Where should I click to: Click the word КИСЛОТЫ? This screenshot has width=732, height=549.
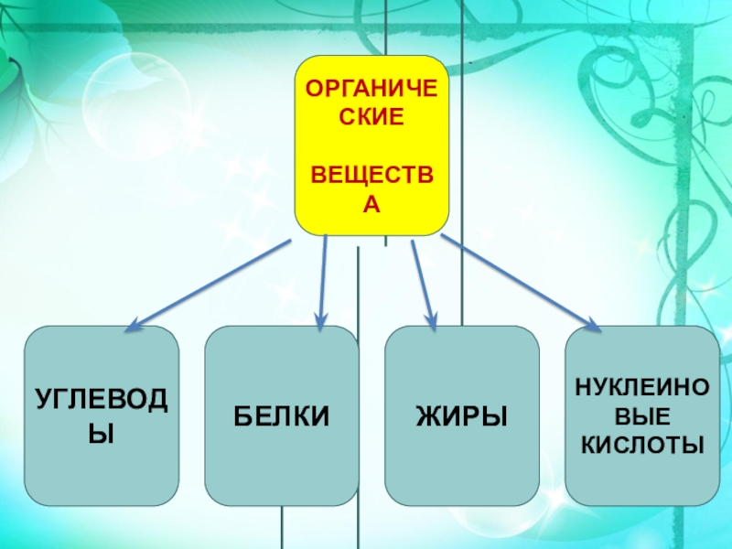(x=640, y=446)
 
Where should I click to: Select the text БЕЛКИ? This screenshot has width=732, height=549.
(x=281, y=417)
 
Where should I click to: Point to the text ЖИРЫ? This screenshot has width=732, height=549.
(x=461, y=417)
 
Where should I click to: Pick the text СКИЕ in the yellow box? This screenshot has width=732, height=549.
(x=371, y=119)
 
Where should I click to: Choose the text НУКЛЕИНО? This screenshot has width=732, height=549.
(x=640, y=388)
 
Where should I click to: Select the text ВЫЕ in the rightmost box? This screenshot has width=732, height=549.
(x=640, y=416)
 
